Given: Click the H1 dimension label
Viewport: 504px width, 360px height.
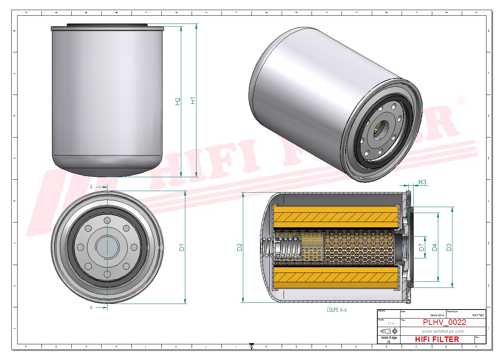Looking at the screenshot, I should coord(193,100).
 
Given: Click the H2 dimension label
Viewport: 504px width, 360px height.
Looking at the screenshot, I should coord(177,101).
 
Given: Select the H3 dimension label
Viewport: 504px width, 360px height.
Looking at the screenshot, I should coord(422,182).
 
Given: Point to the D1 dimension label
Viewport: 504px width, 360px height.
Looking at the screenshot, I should coord(182,247).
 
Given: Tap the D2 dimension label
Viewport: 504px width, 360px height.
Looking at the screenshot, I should coord(239,247).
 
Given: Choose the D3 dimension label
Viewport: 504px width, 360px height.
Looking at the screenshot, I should coord(449,247).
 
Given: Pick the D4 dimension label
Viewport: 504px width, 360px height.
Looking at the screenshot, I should coord(434,247).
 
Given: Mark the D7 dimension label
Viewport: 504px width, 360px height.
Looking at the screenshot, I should coord(421,247).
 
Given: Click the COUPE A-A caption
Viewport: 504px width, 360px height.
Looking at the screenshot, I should coord(337,310).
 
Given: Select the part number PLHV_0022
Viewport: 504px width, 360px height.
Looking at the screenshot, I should coord(444,322).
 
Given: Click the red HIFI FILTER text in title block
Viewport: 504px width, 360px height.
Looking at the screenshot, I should coord(437,339).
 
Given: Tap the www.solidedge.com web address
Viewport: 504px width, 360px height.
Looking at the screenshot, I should coord(442,331).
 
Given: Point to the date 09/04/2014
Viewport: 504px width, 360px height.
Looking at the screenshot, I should coord(437,315).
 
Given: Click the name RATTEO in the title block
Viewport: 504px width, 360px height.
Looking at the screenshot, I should coord(478,315).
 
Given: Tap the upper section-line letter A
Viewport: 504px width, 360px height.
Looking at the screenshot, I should coord(91,187).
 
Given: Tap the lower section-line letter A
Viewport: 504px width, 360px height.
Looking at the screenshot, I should coord(91,308).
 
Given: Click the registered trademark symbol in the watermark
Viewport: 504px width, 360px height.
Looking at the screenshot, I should coord(462,102).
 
